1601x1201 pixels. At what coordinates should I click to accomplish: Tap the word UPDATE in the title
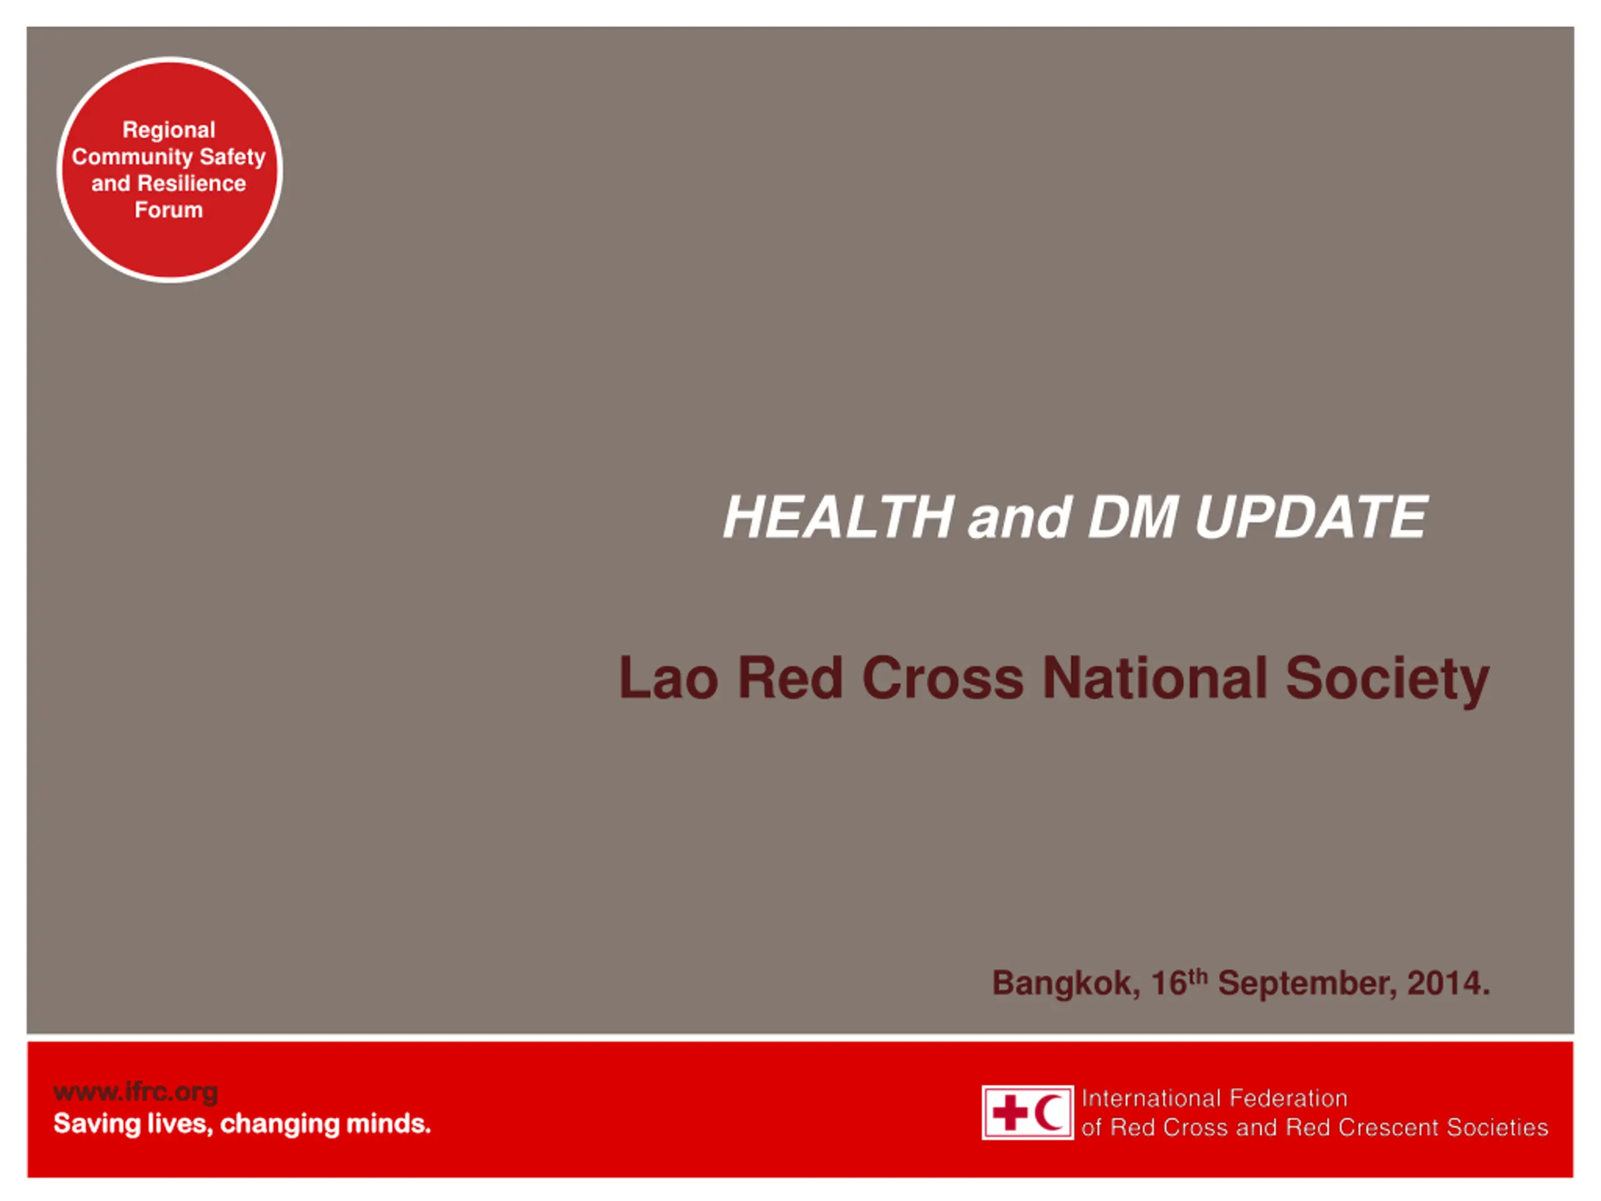(x=1311, y=517)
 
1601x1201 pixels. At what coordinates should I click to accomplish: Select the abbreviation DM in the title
(x=1133, y=517)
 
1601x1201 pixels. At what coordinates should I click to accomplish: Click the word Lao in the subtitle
(x=668, y=678)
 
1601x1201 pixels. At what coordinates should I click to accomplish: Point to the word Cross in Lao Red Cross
(x=942, y=678)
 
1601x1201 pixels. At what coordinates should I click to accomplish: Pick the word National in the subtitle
(x=1154, y=678)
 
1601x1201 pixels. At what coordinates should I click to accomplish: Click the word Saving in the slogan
(x=96, y=1124)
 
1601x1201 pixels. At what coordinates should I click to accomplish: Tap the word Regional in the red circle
(x=169, y=130)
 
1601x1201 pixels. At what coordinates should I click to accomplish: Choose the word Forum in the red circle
(x=169, y=210)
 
